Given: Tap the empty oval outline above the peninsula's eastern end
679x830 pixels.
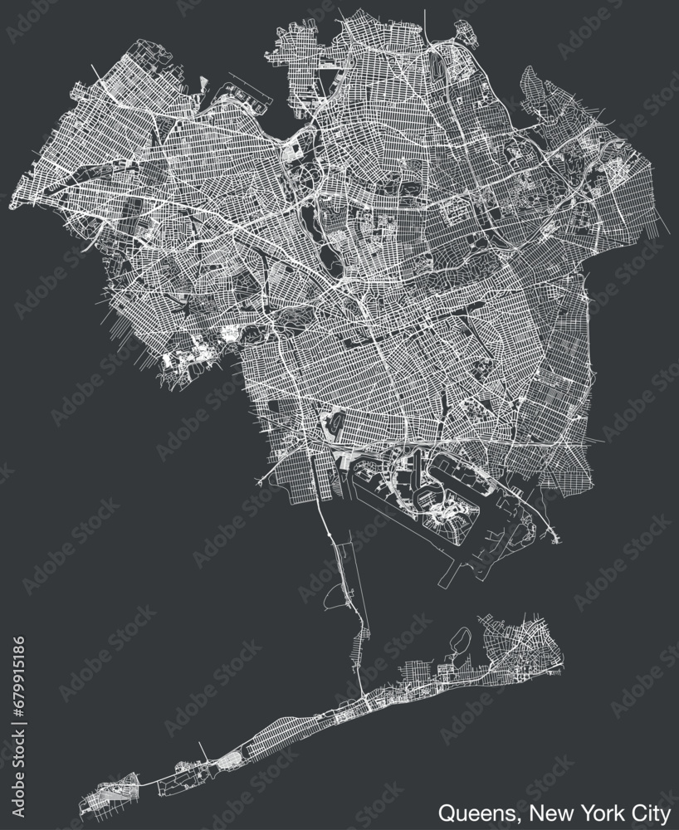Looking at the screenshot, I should (x=462, y=638).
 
